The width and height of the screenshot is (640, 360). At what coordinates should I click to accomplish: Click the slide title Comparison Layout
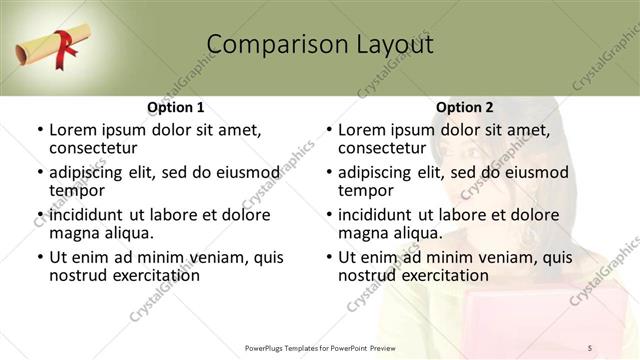click(319, 45)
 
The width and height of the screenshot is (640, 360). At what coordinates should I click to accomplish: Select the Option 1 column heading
click(175, 107)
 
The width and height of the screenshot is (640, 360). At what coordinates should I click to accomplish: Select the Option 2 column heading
click(464, 107)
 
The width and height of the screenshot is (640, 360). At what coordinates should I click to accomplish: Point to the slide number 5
click(591, 347)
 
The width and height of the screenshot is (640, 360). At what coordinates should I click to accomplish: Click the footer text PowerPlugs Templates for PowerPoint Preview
click(328, 347)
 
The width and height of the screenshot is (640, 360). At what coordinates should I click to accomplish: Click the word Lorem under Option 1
click(72, 130)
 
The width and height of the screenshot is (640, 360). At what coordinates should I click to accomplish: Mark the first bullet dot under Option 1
click(40, 131)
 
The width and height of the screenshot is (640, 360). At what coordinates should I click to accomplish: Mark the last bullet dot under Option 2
click(329, 257)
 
